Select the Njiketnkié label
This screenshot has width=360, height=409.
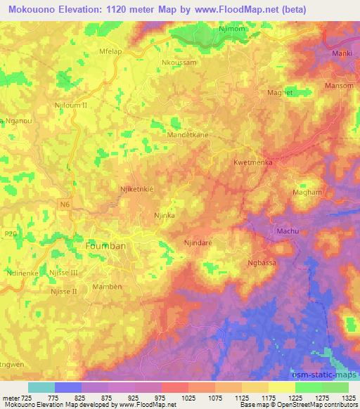point(136,189)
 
